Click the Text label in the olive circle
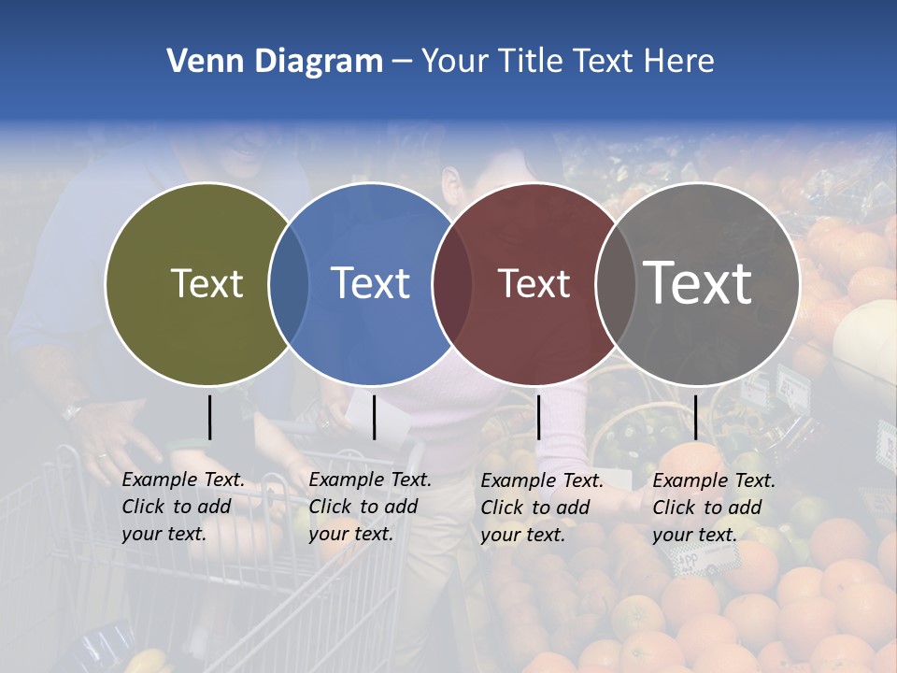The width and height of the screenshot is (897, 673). point(206,283)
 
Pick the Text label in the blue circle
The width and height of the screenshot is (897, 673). point(370,283)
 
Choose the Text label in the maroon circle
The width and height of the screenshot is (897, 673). point(534,283)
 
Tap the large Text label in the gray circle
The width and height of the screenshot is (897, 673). point(697,283)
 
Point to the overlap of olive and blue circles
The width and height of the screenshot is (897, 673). point(289,283)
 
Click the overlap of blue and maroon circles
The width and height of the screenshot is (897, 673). point(452,283)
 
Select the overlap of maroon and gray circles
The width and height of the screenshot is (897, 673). point(615,283)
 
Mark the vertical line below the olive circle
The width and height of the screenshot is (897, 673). point(209,417)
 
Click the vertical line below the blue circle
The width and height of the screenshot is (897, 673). point(374,417)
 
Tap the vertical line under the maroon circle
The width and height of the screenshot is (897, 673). point(538,417)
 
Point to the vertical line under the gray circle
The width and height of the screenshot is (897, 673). point(695,417)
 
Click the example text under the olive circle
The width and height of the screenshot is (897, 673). point(182,508)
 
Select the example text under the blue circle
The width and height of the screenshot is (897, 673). point(369,508)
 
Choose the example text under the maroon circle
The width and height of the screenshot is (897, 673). point(541,508)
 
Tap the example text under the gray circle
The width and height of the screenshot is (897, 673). point(713,508)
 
